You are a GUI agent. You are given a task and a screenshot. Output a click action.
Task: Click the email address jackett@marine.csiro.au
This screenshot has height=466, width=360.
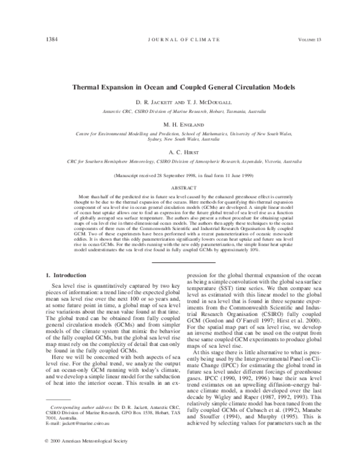click(x=74, y=431)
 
